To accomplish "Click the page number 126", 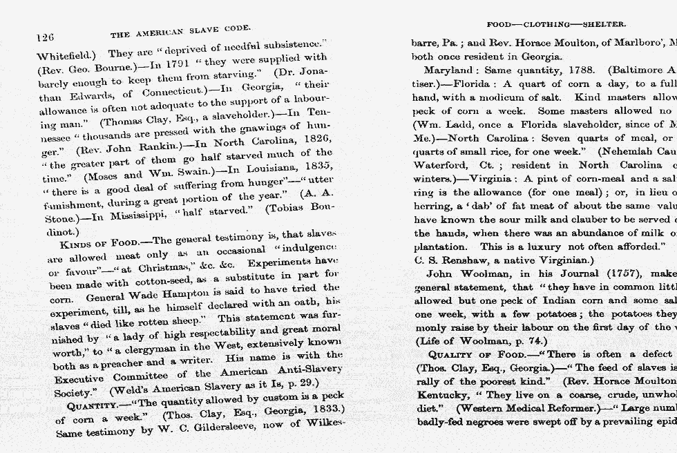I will [x=46, y=36].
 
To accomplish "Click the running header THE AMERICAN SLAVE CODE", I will [x=180, y=31].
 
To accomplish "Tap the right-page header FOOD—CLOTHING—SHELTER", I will [x=556, y=24].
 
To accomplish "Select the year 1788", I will [x=567, y=70].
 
